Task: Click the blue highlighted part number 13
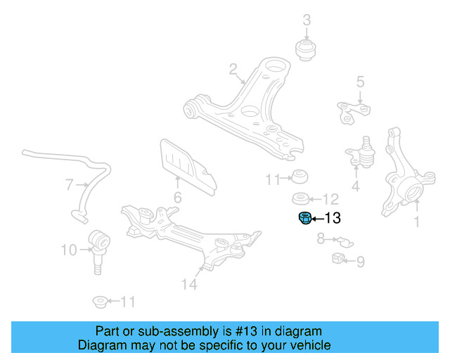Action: point(304,219)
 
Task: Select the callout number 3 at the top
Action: point(307,20)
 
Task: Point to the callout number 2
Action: point(233,69)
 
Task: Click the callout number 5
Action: point(360,82)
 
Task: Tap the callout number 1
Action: point(416,222)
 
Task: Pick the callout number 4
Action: point(356,186)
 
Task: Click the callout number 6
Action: point(177,198)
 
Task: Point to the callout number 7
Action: point(69,186)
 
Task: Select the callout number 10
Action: point(69,250)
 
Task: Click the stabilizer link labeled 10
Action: point(98,246)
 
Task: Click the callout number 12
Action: point(330,199)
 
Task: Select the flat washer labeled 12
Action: point(302,198)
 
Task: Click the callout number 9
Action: point(360,263)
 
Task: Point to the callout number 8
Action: point(321,239)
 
